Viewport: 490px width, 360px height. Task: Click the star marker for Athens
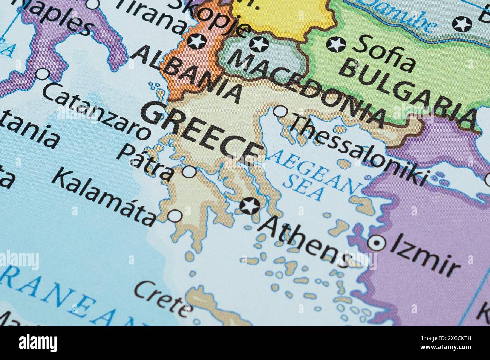(x=250, y=206)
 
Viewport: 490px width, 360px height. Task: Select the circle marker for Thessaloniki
(x=280, y=111)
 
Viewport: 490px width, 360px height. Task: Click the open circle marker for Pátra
(x=189, y=172)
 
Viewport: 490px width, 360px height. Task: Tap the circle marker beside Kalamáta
(x=175, y=216)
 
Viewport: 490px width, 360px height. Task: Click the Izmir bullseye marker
(x=377, y=243)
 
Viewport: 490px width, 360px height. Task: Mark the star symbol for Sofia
(x=336, y=44)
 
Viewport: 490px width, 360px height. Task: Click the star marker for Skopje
(x=259, y=44)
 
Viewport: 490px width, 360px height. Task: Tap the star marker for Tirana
(x=197, y=41)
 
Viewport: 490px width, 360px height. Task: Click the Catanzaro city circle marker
(x=43, y=74)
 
